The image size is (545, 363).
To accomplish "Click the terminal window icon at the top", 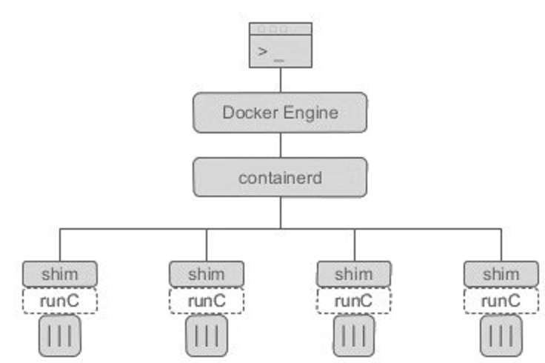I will [281, 45].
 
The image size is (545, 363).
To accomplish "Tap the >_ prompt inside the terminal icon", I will [271, 52].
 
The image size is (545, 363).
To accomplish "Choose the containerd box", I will [280, 177].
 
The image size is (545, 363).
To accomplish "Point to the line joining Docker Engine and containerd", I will [280, 145].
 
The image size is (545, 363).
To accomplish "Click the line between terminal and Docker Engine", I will [280, 81].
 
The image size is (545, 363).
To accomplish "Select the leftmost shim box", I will [60, 273].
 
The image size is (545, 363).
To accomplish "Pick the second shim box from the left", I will [207, 273].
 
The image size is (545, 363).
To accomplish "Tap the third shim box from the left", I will [354, 273].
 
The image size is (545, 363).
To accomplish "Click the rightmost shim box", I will [501, 273].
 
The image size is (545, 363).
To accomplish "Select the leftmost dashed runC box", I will [60, 300].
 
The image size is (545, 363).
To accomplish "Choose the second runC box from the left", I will [207, 300].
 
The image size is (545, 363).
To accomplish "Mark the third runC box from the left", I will [354, 300].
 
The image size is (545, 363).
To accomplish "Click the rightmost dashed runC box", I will [501, 300].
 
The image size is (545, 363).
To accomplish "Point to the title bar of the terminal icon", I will [281, 29].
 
